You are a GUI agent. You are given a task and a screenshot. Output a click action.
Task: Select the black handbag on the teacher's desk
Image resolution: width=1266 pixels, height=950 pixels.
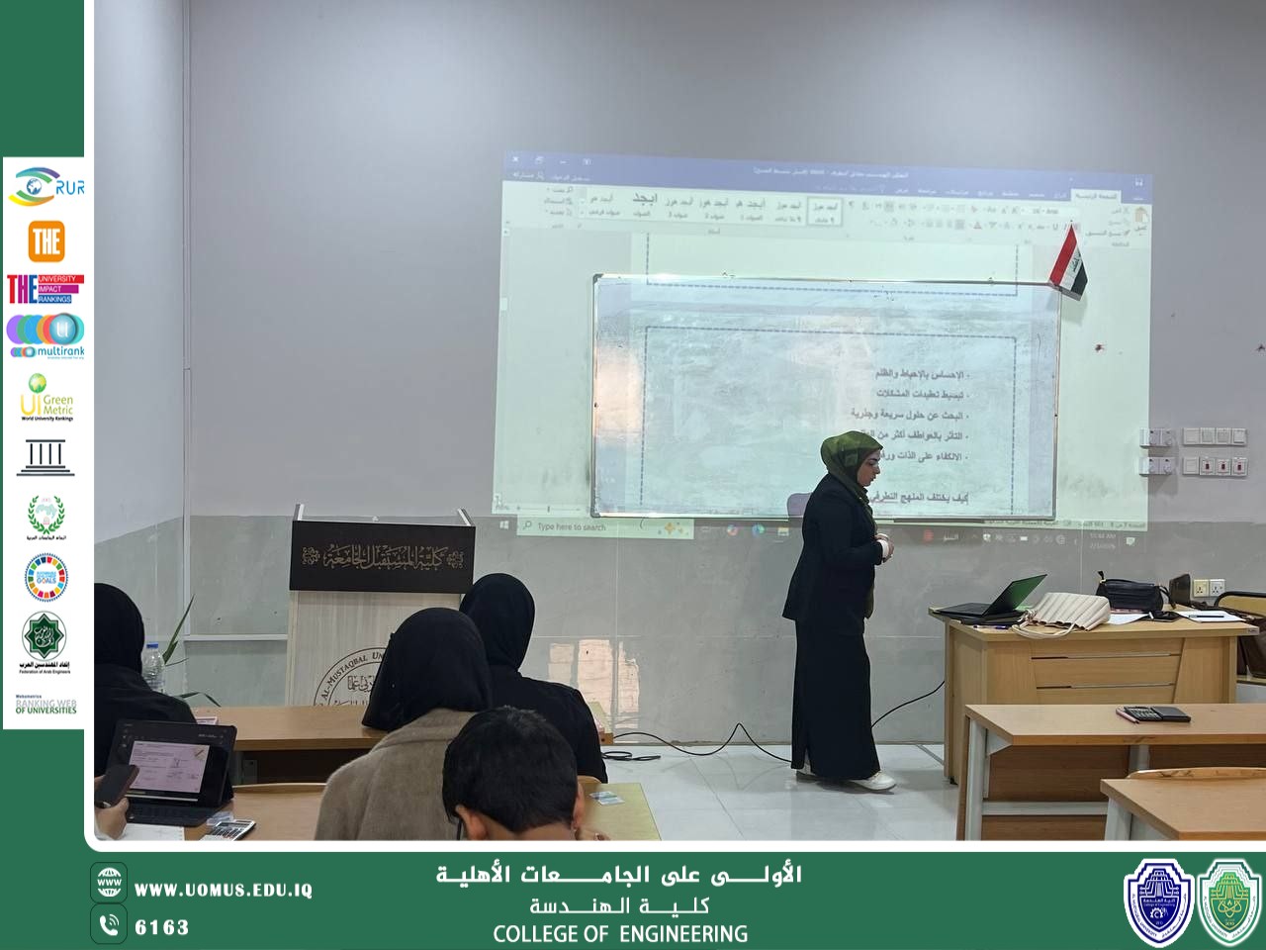(x=1130, y=594)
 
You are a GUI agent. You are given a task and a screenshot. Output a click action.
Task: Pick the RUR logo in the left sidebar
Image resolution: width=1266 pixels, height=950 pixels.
(x=46, y=185)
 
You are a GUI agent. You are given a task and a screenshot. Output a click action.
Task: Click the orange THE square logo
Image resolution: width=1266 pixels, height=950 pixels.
(x=45, y=240)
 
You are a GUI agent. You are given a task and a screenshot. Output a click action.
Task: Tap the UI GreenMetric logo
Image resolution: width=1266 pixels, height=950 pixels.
(x=45, y=397)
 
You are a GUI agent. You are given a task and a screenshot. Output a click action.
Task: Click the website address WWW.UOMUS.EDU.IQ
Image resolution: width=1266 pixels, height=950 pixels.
(x=224, y=890)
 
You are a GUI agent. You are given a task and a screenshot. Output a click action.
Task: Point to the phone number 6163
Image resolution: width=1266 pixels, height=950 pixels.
(x=161, y=927)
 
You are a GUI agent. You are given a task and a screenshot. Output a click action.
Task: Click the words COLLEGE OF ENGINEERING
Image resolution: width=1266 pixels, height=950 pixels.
(x=620, y=933)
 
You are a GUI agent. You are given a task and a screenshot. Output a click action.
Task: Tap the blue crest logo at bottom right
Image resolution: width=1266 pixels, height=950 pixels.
(x=1158, y=902)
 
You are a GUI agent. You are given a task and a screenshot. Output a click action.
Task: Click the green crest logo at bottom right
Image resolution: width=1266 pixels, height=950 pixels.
(x=1229, y=902)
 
